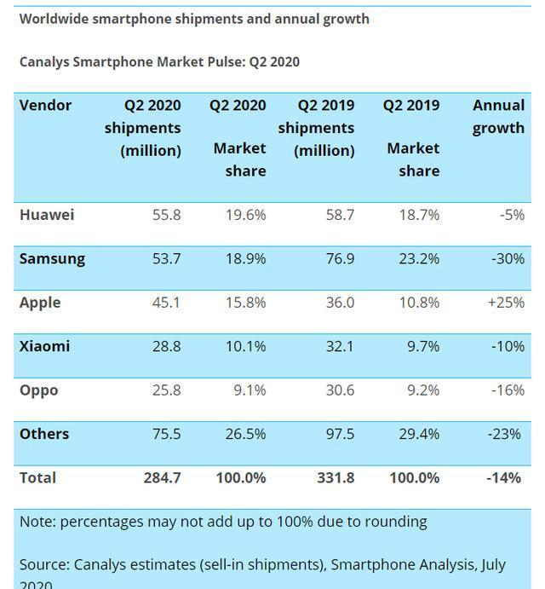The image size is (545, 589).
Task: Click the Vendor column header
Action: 45,106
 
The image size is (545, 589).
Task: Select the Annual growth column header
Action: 498,117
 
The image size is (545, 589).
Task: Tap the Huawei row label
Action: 47,215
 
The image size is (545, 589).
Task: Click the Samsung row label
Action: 52,259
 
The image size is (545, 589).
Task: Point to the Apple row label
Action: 40,303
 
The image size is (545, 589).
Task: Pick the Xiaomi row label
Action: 44,346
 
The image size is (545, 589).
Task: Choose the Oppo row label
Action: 38,390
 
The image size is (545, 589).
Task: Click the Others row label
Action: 43,434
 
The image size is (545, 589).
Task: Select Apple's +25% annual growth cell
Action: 505,303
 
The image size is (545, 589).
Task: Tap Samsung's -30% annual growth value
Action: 508,259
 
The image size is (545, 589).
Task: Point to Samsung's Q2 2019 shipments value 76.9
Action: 339,259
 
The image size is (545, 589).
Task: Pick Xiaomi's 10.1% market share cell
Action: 245,346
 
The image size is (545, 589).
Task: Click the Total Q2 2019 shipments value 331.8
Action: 335,478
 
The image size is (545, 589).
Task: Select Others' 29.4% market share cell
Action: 419,434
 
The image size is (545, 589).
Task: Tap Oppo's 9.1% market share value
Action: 249,390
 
